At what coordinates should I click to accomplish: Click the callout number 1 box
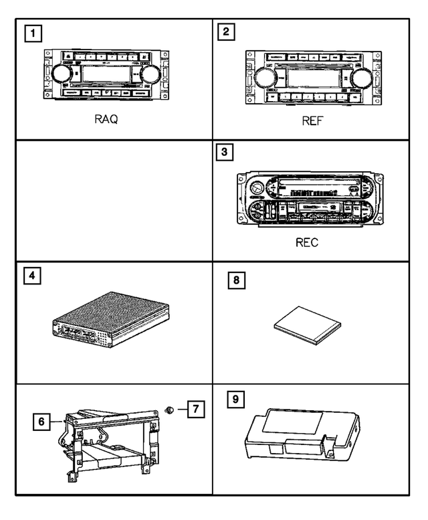(29, 33)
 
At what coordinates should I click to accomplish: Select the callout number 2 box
(228, 33)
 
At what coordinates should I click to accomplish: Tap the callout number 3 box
(227, 153)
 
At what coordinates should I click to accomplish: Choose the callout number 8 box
(235, 282)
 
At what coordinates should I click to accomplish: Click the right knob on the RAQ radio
(152, 74)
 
